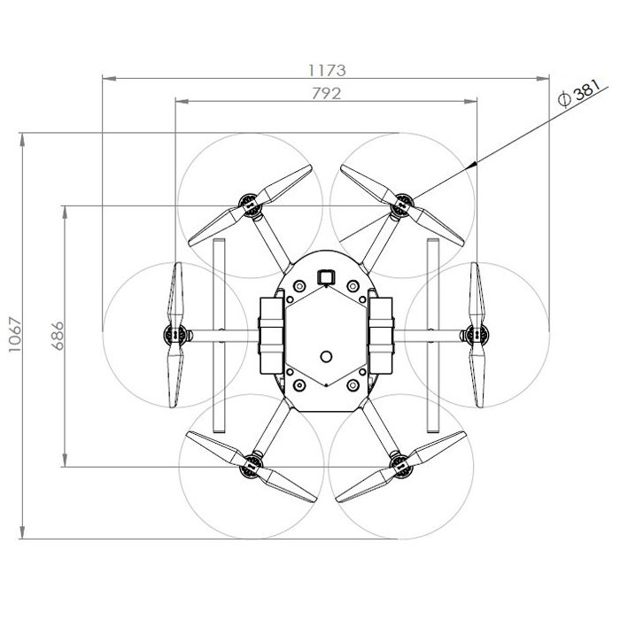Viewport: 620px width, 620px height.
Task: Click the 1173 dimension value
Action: tap(327, 70)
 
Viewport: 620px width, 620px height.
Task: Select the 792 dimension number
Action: tap(326, 94)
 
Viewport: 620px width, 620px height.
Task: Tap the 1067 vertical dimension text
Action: tap(15, 335)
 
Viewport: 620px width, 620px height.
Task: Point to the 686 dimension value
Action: tap(58, 336)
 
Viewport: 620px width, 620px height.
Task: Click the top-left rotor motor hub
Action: tap(249, 205)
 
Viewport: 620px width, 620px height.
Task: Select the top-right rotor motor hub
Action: tap(402, 205)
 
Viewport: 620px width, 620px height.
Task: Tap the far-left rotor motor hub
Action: tap(174, 336)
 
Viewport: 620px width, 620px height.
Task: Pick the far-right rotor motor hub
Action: tap(477, 335)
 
